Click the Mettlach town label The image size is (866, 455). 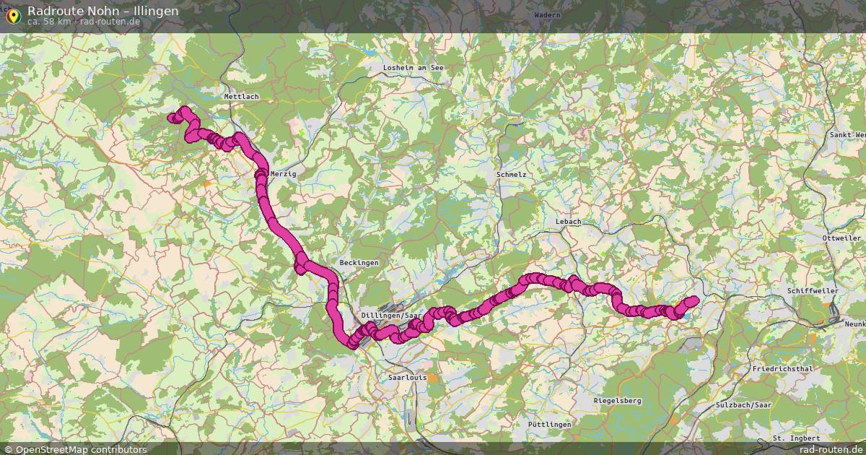(241, 96)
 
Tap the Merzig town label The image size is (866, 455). (282, 174)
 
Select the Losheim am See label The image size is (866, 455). (414, 67)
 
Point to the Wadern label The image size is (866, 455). (527, 14)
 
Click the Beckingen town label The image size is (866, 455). (359, 263)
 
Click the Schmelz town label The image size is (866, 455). (512, 175)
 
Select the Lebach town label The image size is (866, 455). (568, 222)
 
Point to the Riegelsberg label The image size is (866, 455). (616, 400)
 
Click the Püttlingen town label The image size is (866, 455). (549, 424)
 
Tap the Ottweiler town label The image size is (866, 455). (841, 238)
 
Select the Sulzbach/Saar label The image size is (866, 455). (743, 405)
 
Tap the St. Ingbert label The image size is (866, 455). (796, 438)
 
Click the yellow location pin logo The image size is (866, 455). (13, 16)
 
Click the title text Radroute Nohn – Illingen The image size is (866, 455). (103, 11)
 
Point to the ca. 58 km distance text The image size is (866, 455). (49, 22)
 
